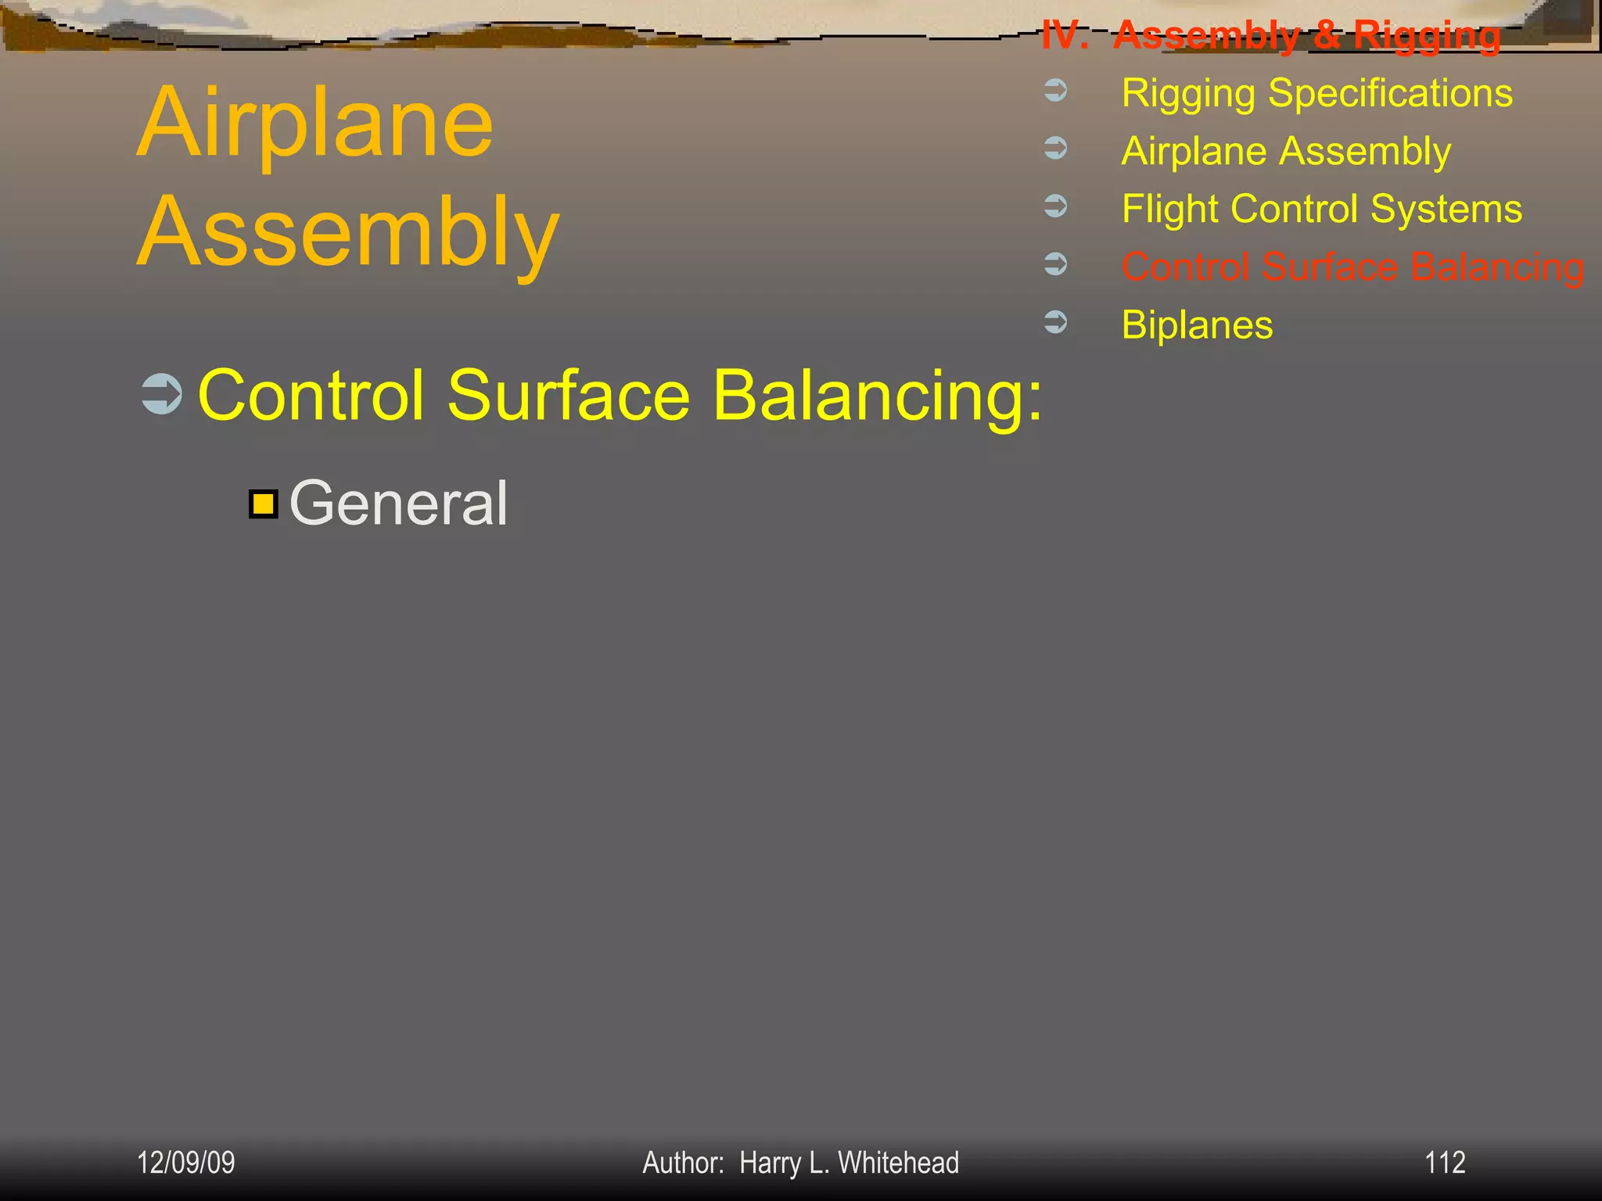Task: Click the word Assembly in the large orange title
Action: point(348,232)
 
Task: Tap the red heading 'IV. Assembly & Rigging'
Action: point(1271,35)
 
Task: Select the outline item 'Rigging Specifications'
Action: point(1316,93)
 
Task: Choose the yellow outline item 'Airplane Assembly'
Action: point(1286,151)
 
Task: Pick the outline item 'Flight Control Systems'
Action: point(1321,209)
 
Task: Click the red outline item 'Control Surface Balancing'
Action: point(1352,267)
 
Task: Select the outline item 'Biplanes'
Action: point(1197,324)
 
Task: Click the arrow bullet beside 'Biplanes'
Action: point(1056,322)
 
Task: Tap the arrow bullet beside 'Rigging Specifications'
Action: point(1056,91)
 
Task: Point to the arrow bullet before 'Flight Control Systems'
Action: point(1056,206)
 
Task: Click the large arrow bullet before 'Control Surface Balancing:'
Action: point(162,393)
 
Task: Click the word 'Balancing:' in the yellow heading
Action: point(878,395)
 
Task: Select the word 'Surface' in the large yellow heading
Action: point(568,395)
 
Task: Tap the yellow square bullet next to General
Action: point(264,504)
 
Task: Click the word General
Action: point(398,503)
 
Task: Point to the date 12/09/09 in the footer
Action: point(186,1163)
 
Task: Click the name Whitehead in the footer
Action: point(898,1163)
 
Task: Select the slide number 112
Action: point(1444,1163)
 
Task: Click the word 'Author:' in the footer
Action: point(683,1163)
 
